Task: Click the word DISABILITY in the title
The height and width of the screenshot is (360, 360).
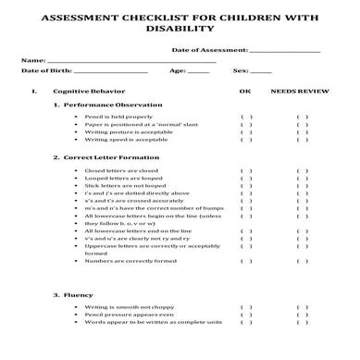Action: [180, 28]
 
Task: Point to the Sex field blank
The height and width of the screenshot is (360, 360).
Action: [262, 71]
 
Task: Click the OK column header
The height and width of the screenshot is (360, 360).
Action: [245, 93]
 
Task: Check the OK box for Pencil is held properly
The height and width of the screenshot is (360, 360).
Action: [245, 118]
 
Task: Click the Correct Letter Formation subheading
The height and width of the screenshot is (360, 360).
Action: [111, 157]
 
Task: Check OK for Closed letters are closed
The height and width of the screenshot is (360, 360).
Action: [245, 171]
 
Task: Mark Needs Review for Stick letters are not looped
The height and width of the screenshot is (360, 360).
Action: [303, 187]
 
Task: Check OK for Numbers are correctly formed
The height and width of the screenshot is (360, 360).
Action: [245, 261]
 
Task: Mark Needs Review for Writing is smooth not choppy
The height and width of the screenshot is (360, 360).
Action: [303, 306]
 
